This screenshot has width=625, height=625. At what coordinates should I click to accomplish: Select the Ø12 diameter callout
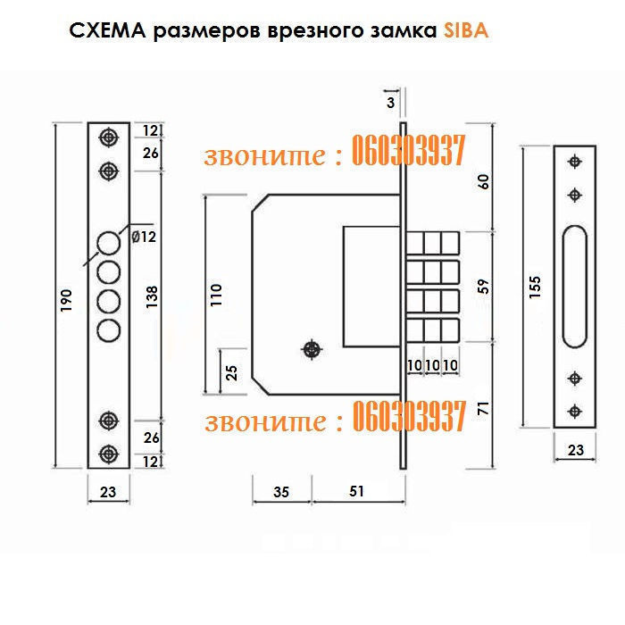tap(144, 237)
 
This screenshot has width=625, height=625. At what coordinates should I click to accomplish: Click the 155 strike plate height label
tap(535, 292)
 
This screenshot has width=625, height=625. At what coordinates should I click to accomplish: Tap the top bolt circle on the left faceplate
tap(109, 242)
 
